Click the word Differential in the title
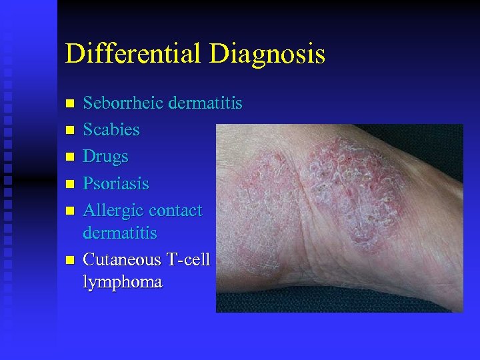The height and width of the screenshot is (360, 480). click(133, 54)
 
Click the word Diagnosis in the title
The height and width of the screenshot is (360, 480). click(267, 54)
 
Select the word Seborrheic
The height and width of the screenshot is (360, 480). click(123, 103)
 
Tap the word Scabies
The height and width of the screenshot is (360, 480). click(111, 129)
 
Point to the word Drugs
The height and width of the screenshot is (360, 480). click(105, 157)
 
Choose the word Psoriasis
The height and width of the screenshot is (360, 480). click(116, 183)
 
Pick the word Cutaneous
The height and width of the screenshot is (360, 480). click(121, 259)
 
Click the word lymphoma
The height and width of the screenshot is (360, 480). click(122, 282)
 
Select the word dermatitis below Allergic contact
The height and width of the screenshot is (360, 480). click(120, 233)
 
